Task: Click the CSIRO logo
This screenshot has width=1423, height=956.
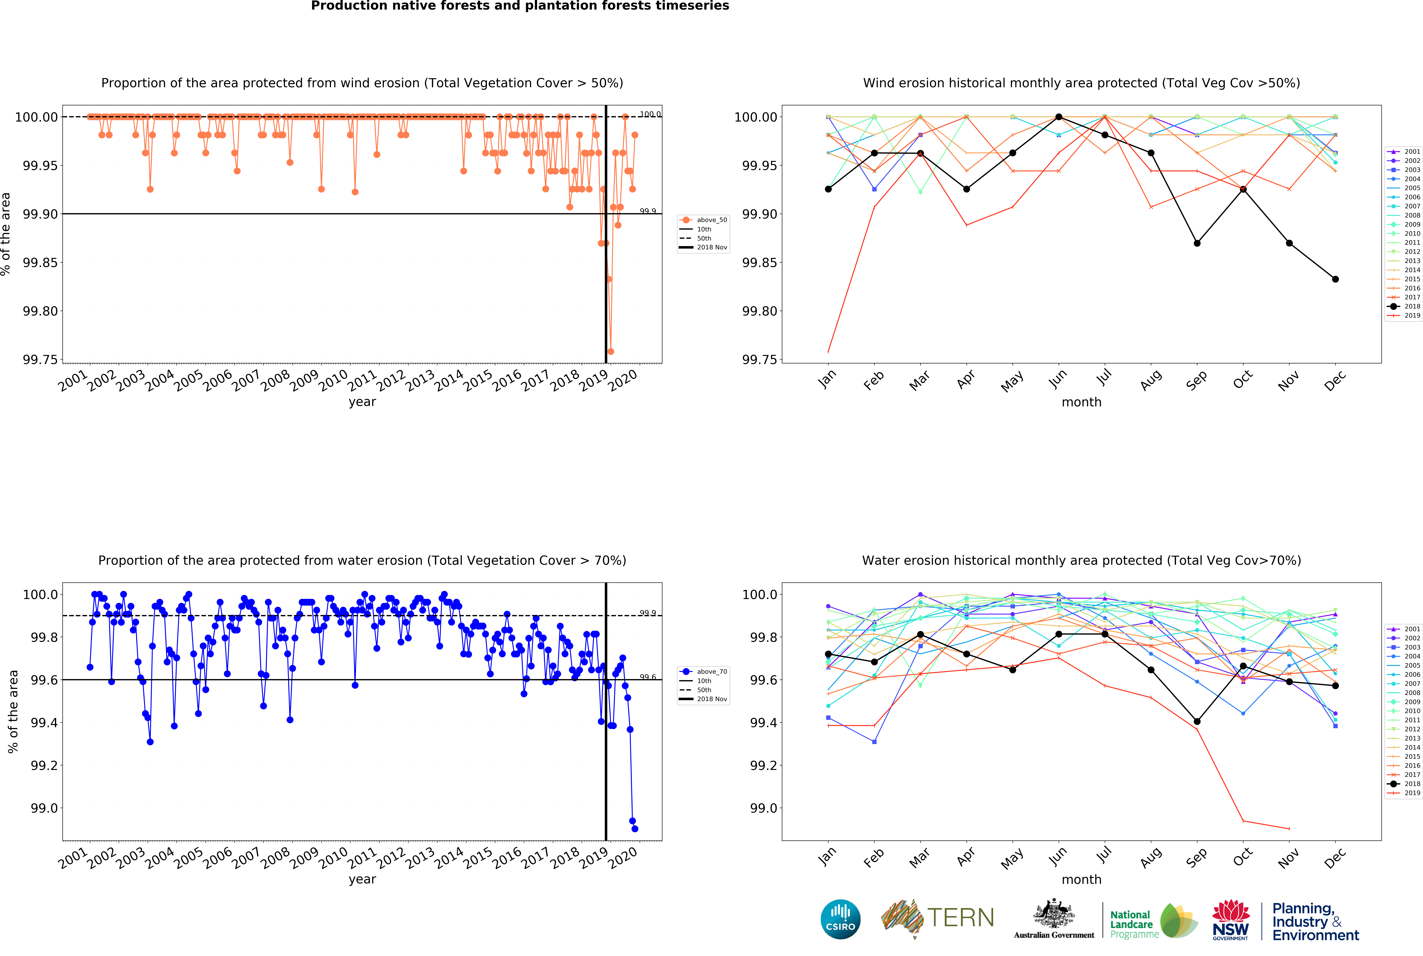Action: click(x=840, y=919)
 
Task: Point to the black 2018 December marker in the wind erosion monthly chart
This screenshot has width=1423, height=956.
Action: click(x=1335, y=279)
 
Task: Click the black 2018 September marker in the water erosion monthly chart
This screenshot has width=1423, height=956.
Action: click(x=1197, y=721)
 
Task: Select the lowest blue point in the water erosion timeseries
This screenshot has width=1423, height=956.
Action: click(x=635, y=829)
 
